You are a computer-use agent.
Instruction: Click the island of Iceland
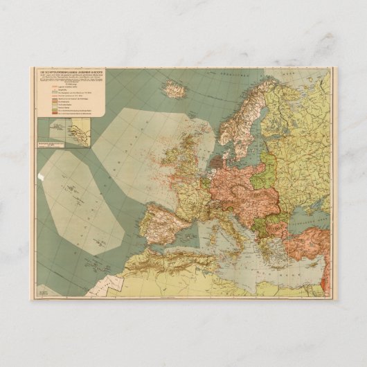point(173,89)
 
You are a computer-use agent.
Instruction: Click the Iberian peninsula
point(163,226)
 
